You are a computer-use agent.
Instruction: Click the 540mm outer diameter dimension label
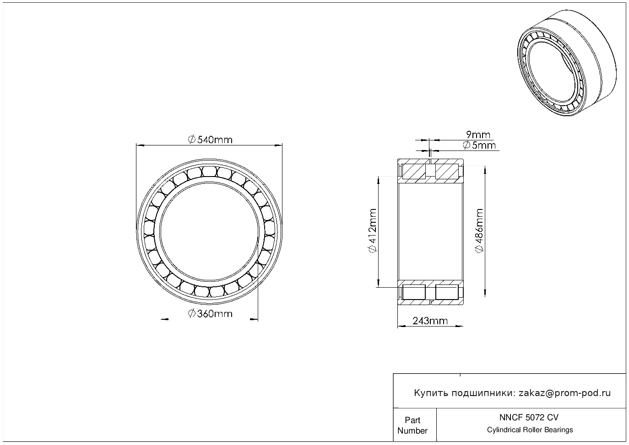[x=210, y=139]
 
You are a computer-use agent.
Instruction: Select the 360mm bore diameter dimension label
[x=210, y=313]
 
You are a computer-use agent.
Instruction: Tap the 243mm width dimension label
[x=430, y=321]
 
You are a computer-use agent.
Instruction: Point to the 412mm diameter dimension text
[x=372, y=231]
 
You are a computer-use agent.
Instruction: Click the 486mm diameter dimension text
[x=479, y=231]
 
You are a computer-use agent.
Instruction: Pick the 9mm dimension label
[x=478, y=134]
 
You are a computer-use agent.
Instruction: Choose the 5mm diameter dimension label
[x=479, y=145]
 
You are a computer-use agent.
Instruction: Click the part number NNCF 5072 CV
[x=529, y=418]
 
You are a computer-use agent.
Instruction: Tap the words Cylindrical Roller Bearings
[x=530, y=430]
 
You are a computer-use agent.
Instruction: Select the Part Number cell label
[x=412, y=425]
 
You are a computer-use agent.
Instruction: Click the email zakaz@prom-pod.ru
[x=564, y=393]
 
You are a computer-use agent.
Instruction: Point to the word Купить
[x=431, y=393]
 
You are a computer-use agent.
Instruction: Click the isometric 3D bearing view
[x=567, y=63]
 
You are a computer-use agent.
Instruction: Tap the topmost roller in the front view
[x=209, y=171]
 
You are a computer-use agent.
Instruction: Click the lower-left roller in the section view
[x=414, y=292]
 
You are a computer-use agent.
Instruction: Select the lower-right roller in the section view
[x=447, y=292]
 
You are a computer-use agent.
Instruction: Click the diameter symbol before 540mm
[x=191, y=140]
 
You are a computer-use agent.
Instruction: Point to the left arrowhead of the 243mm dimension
[x=401, y=326]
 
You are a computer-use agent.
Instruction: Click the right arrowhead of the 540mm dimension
[x=278, y=145]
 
